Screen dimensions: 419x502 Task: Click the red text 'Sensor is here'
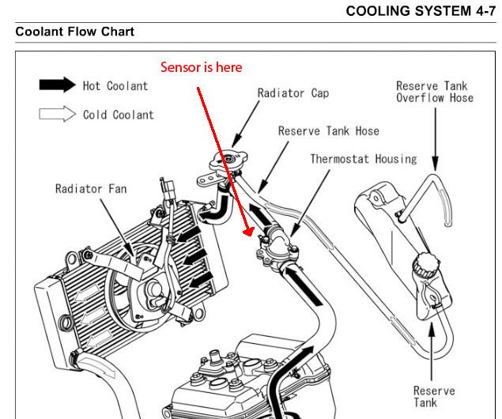201,67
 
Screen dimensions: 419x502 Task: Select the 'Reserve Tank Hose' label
328,130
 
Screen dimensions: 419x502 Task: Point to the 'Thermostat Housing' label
363,158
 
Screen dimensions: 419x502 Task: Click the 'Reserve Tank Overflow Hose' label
434,92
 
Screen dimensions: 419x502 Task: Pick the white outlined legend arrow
58,115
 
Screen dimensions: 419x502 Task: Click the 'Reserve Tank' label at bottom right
434,394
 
